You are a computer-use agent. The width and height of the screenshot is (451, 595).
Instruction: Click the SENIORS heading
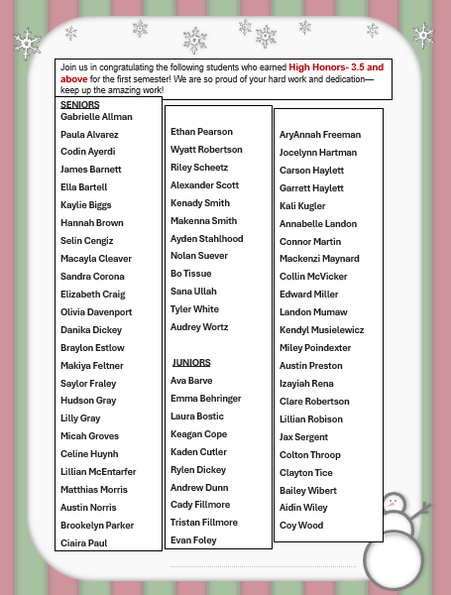click(x=80, y=104)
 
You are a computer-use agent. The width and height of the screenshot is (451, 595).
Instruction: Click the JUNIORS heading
click(x=193, y=363)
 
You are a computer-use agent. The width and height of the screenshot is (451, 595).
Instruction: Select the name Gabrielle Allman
click(x=96, y=117)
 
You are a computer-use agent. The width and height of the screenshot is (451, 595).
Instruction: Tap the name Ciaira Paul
click(x=83, y=542)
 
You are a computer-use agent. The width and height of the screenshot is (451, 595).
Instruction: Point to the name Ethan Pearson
click(x=201, y=132)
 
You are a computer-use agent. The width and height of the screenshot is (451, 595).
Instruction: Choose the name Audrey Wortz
click(x=199, y=327)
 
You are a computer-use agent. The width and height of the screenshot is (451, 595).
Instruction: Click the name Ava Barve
click(x=191, y=381)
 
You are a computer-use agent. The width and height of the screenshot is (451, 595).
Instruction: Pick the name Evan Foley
click(x=193, y=540)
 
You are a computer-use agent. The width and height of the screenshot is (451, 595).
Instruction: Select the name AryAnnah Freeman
click(x=320, y=135)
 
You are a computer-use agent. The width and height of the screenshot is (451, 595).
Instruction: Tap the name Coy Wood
click(x=301, y=526)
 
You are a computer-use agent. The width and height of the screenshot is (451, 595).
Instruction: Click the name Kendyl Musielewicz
click(x=321, y=330)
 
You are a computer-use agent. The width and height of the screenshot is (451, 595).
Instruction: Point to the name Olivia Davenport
click(x=96, y=312)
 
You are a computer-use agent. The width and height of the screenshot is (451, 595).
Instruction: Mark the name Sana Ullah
click(x=194, y=292)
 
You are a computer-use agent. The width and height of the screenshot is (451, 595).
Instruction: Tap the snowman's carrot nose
click(x=394, y=504)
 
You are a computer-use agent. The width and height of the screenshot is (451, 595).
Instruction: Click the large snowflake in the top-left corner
click(x=27, y=44)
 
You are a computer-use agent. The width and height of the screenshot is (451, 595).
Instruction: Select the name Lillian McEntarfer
click(x=98, y=472)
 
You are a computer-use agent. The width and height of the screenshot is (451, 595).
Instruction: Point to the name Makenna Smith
click(x=204, y=221)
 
